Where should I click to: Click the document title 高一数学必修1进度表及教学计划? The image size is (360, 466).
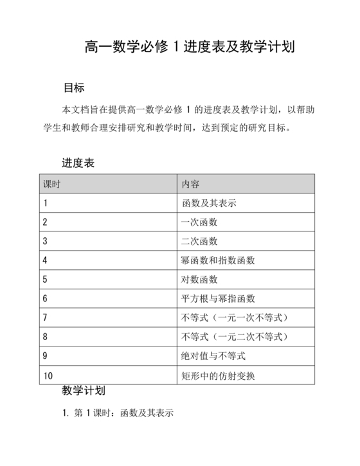pyautogui.click(x=190, y=47)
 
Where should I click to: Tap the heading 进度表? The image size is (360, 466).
pyautogui.click(x=78, y=163)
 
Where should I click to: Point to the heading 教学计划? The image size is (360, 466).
pyautogui.click(x=84, y=391)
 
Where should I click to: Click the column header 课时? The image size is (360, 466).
pyautogui.click(x=51, y=184)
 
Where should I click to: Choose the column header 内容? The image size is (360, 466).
pyautogui.click(x=190, y=184)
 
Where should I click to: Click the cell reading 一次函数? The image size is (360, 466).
pyautogui.click(x=199, y=222)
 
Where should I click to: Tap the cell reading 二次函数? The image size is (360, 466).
pyautogui.click(x=199, y=242)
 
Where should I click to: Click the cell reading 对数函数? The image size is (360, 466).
pyautogui.click(x=199, y=280)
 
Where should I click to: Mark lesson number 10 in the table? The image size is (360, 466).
pyautogui.click(x=48, y=375)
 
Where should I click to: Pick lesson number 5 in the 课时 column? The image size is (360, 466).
pyautogui.click(x=45, y=280)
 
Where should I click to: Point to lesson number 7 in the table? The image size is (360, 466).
pyautogui.click(x=45, y=318)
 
